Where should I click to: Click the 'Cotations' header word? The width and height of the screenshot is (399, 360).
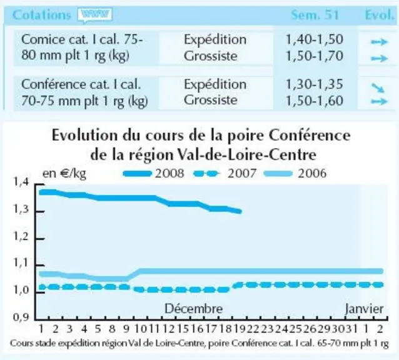[x=41, y=15]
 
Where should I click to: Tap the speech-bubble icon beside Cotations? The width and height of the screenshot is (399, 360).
[x=95, y=15]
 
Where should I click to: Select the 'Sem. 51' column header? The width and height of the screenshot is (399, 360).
[x=315, y=15]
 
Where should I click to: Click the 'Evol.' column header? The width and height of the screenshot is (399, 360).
[x=380, y=15]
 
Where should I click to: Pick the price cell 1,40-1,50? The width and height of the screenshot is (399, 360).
[x=315, y=39]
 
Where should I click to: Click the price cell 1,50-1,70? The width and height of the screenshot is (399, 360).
[x=315, y=56]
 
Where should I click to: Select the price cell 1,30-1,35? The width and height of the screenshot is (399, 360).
[x=315, y=84]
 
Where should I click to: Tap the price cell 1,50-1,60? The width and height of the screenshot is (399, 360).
[x=315, y=101]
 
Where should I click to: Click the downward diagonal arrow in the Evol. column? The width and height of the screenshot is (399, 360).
[x=378, y=87]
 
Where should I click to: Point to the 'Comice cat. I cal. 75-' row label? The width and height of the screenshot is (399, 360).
[x=82, y=39]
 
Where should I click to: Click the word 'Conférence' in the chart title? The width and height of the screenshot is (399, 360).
[x=310, y=135]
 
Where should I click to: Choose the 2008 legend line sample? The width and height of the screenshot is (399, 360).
[x=138, y=174]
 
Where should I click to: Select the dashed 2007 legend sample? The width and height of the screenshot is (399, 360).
[x=206, y=174]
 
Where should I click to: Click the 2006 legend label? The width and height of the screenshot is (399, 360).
[x=312, y=173]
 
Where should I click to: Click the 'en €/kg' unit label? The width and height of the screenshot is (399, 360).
[x=64, y=174]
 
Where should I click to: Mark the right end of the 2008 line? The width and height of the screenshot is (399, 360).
[x=240, y=211]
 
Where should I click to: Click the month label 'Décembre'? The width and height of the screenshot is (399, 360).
[x=194, y=309]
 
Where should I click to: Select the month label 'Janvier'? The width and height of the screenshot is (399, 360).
[x=364, y=309]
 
